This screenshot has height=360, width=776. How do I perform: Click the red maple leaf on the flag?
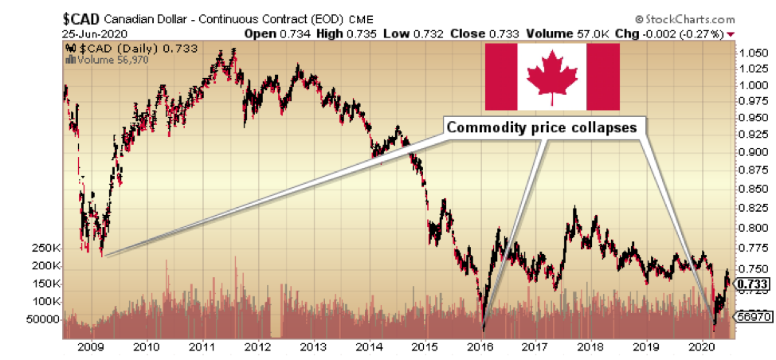click(x=552, y=77)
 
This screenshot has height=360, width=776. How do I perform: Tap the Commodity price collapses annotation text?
click(x=541, y=127)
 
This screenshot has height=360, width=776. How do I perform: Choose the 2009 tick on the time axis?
click(x=91, y=347)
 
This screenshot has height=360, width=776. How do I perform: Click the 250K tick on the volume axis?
click(x=47, y=248)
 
